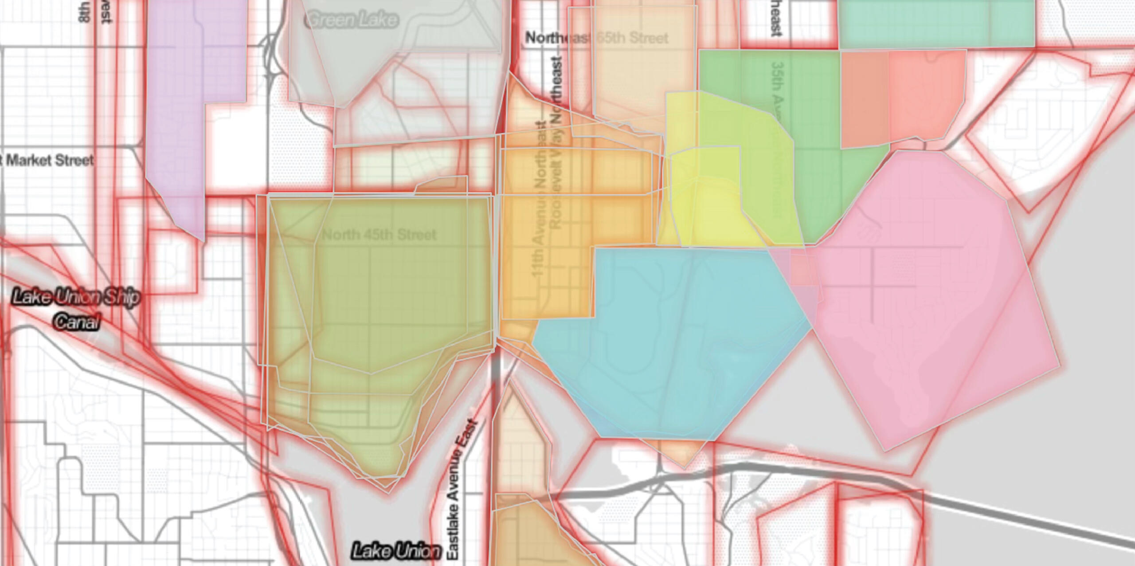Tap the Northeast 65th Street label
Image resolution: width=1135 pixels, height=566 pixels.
(596, 38)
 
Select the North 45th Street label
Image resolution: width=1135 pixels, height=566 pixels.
(379, 235)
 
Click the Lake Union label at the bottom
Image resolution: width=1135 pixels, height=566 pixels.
(396, 551)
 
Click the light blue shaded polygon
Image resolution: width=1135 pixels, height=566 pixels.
(674, 346)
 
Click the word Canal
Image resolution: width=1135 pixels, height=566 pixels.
(76, 322)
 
